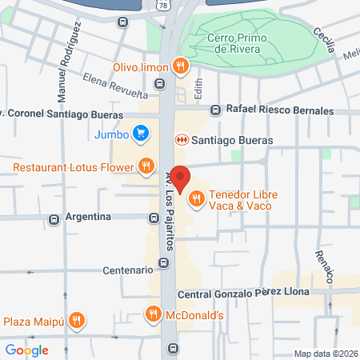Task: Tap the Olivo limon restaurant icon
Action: point(182,66)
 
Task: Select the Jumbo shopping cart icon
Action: point(142,133)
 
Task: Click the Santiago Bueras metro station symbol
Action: point(182,140)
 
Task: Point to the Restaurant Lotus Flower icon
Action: point(146,166)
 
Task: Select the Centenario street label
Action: point(126,270)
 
